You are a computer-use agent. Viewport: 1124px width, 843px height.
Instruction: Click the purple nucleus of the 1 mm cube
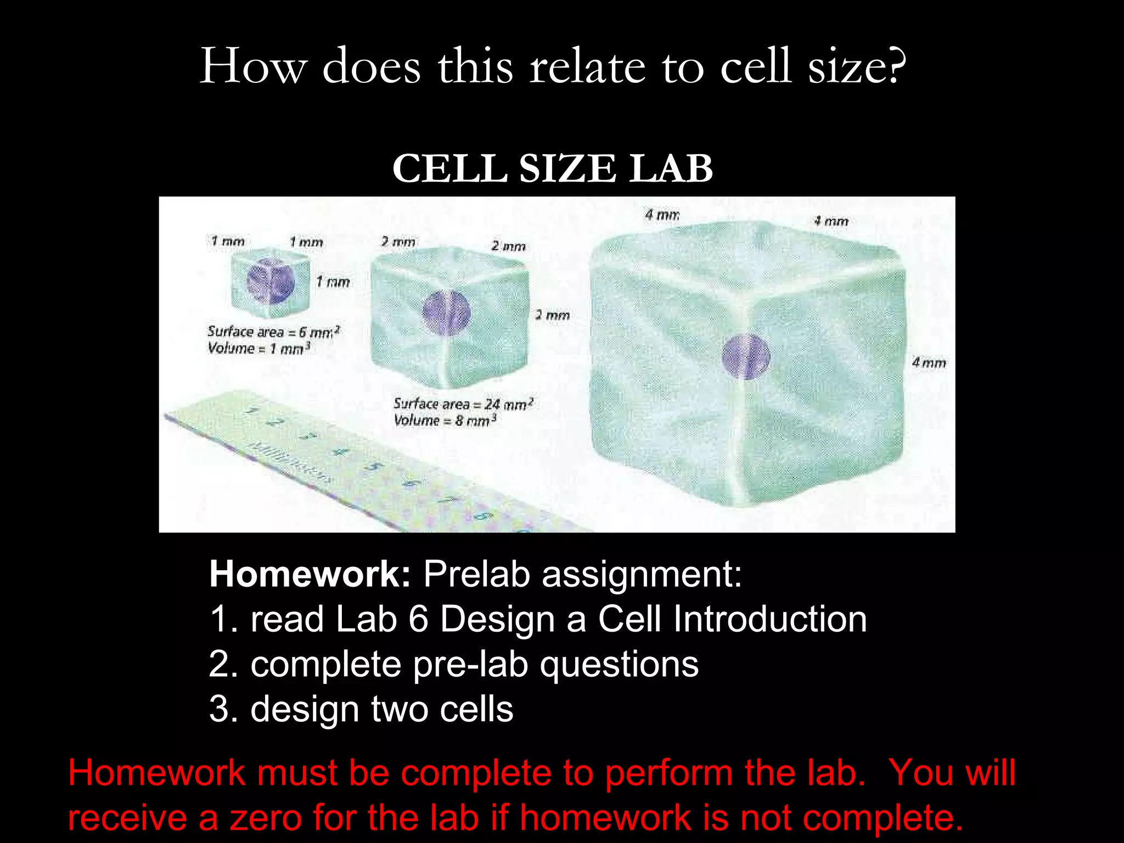tap(270, 282)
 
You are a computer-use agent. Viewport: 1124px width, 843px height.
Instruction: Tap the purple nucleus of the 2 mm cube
tap(446, 313)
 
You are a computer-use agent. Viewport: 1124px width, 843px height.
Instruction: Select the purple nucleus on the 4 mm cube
tap(745, 357)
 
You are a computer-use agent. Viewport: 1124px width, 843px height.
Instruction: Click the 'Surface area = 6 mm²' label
tap(273, 331)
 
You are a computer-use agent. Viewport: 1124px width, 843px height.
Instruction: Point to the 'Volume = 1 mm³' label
tap(259, 349)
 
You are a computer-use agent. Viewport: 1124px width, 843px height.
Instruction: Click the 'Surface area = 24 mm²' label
tap(463, 404)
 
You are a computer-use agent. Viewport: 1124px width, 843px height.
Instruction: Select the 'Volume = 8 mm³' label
tap(445, 421)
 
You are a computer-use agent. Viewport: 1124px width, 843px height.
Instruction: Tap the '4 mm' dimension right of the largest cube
tap(929, 363)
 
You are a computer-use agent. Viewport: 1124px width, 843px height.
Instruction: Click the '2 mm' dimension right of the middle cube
tap(552, 316)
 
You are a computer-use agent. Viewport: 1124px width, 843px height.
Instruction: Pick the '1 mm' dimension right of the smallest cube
tap(333, 282)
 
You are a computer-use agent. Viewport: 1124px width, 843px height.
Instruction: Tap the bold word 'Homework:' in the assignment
tap(310, 575)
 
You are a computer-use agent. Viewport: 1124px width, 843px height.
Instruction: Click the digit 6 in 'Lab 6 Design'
tap(418, 620)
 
